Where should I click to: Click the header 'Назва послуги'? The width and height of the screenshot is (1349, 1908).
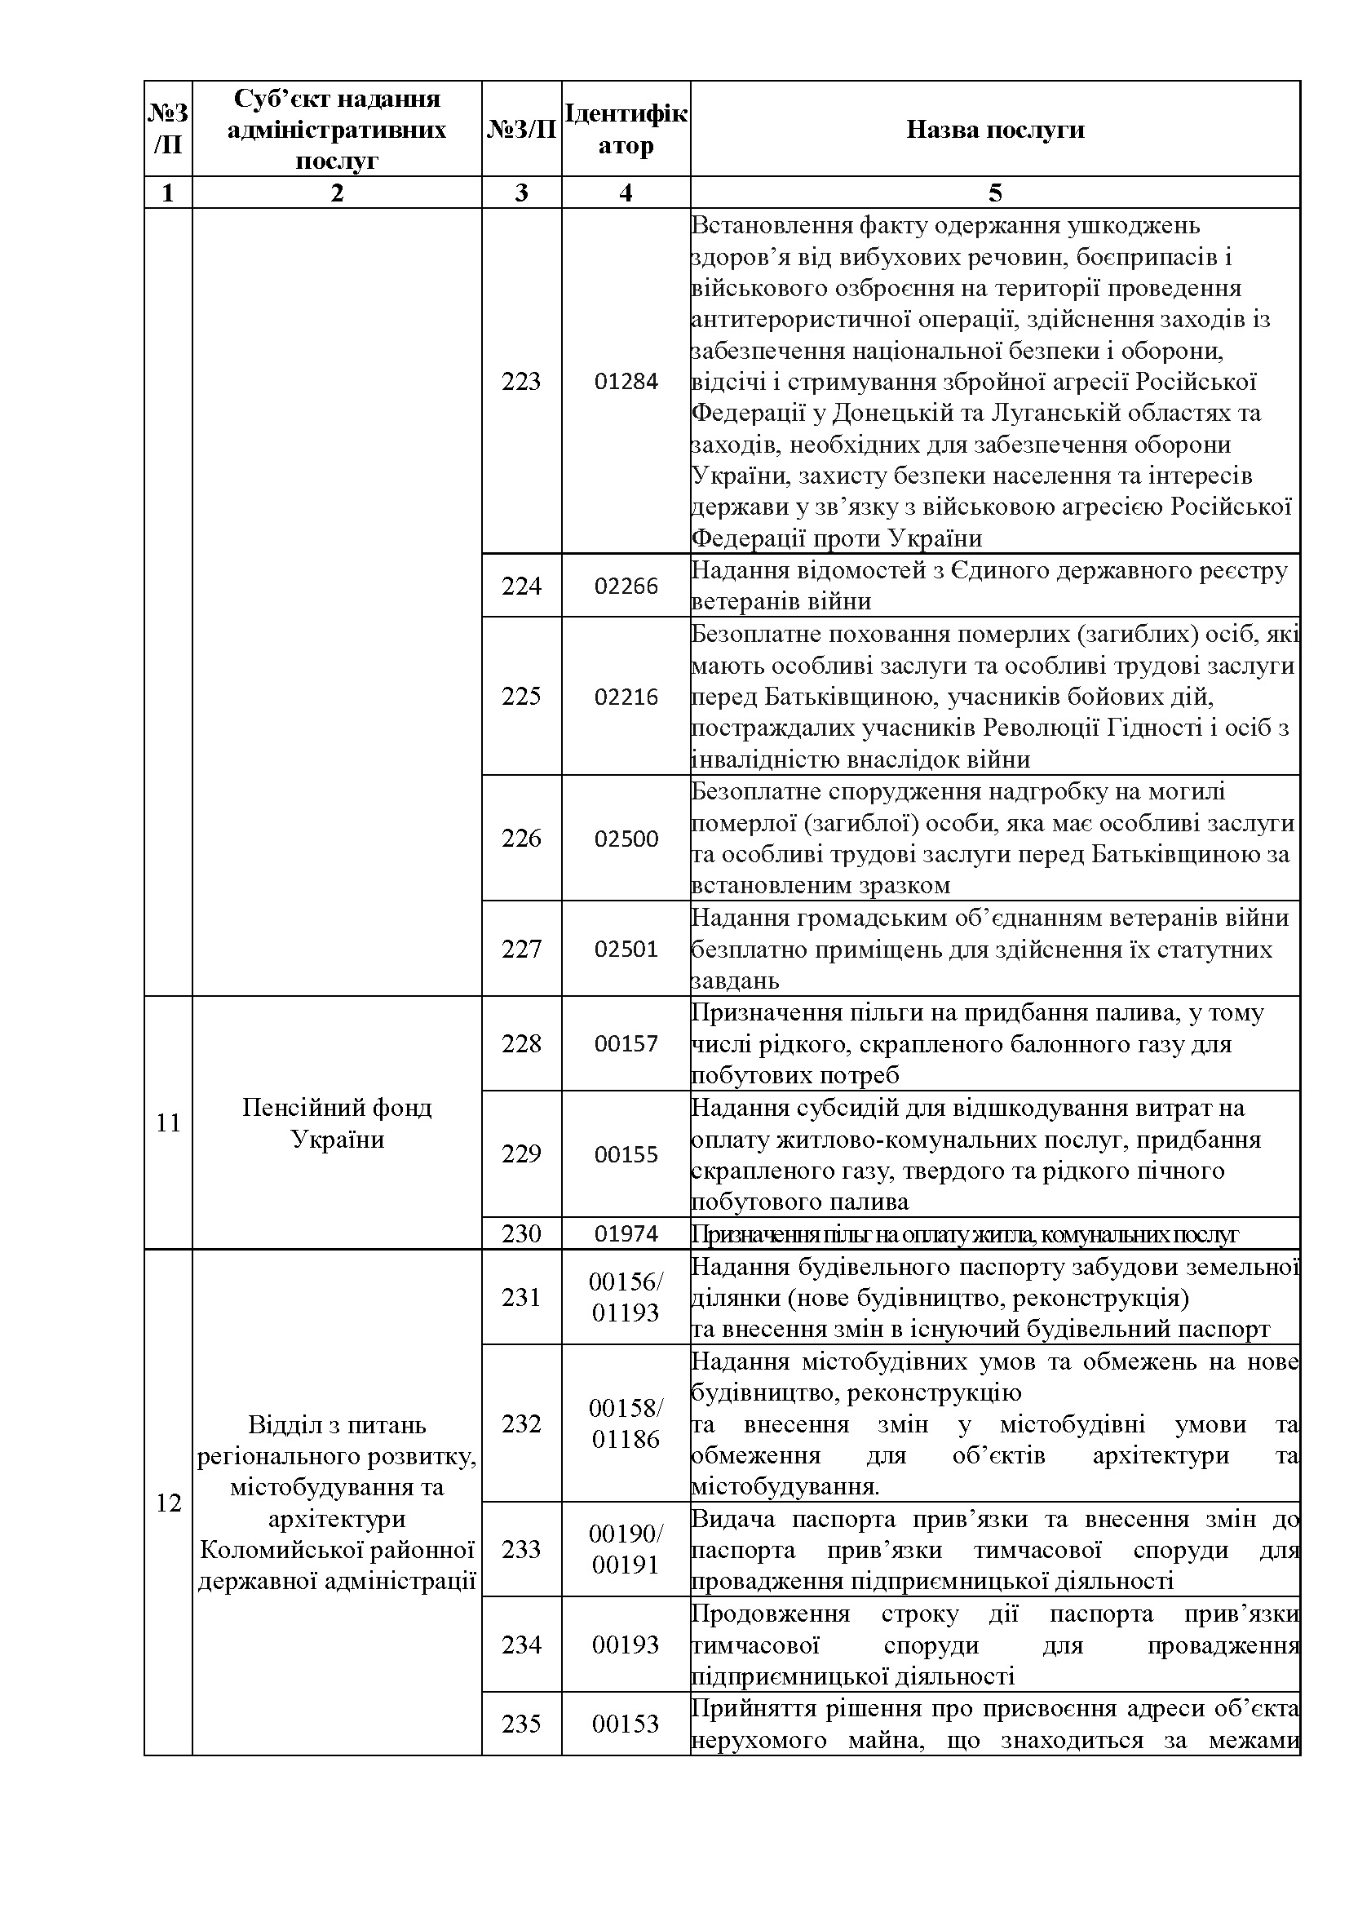tap(994, 130)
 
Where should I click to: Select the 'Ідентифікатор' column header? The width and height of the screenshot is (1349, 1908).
tap(626, 130)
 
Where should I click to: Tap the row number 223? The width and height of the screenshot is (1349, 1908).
tap(521, 382)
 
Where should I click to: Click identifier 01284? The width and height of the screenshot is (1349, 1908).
tap(626, 382)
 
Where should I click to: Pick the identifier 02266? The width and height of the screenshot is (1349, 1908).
tap(626, 587)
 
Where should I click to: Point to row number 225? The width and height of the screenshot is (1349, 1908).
tap(521, 697)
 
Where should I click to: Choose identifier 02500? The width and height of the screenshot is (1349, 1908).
tap(626, 839)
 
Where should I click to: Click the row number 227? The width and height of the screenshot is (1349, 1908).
tap(521, 949)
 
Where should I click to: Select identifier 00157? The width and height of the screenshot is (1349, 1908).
tap(626, 1044)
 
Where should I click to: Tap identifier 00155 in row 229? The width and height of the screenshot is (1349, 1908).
tap(626, 1154)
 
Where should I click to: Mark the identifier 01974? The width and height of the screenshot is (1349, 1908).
tap(626, 1234)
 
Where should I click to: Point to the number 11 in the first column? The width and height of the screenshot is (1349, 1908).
tap(168, 1122)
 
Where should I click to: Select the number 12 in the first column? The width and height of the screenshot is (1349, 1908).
tap(168, 1503)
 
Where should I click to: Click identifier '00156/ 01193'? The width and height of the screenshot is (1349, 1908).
tap(626, 1297)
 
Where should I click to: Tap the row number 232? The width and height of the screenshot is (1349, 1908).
tap(521, 1423)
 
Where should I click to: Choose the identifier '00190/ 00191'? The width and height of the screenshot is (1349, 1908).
tap(626, 1549)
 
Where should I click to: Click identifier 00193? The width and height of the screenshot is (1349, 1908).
tap(626, 1645)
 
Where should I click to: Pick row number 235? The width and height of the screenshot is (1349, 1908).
tap(521, 1724)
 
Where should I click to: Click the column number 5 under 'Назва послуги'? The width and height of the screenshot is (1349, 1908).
tap(994, 193)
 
